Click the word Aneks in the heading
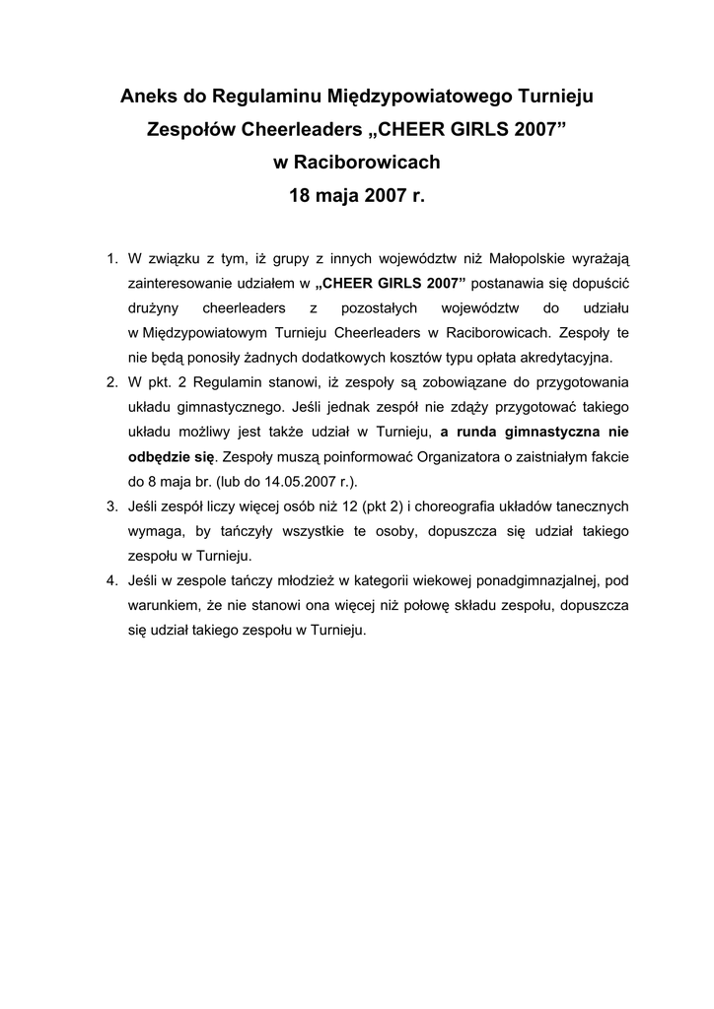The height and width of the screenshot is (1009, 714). tap(145, 97)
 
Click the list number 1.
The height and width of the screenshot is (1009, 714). tap(110, 259)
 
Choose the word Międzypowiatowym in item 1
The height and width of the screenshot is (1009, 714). tap(212, 332)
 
